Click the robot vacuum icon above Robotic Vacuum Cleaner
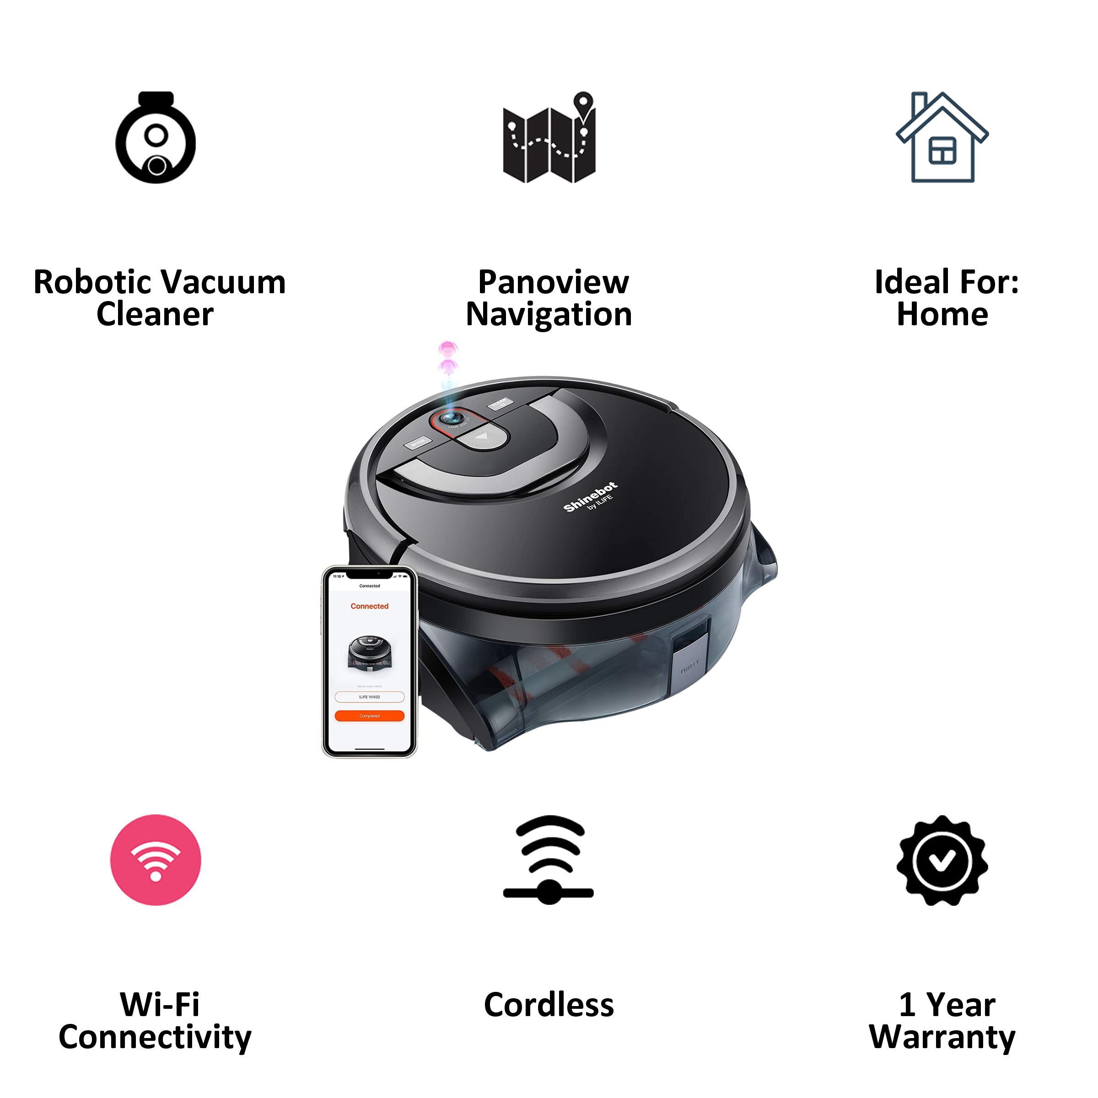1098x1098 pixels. pos(156,138)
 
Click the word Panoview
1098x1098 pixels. pos(554,282)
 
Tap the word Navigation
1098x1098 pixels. pos(549,315)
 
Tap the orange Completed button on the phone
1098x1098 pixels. pos(369,716)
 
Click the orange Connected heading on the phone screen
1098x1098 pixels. pos(369,606)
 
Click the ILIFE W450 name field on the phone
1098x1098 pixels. pos(369,697)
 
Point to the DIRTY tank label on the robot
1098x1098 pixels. pos(690,671)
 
